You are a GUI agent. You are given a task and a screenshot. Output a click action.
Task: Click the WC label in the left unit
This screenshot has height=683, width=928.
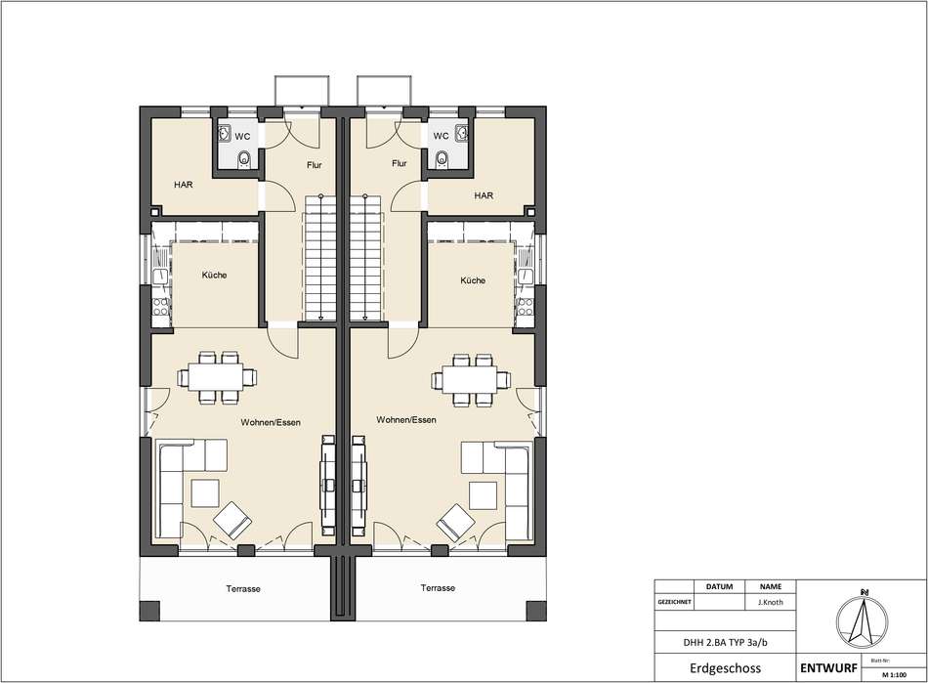click(x=242, y=136)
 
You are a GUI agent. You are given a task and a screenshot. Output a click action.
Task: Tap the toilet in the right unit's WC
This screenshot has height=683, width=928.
click(x=441, y=158)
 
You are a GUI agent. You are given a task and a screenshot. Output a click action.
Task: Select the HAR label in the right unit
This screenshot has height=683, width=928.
click(x=484, y=195)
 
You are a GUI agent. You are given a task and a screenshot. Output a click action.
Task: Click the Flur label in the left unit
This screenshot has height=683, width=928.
click(x=315, y=165)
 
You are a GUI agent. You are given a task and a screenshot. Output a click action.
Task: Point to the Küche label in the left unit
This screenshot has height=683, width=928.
click(x=214, y=276)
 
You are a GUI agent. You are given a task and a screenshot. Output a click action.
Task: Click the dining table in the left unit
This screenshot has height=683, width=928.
click(x=215, y=377)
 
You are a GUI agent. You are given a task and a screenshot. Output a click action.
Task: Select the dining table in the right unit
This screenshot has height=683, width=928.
click(x=470, y=379)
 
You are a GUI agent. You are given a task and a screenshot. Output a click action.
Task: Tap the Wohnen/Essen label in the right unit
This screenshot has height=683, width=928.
click(x=406, y=419)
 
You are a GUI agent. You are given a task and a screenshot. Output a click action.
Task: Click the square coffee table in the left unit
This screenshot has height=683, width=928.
click(x=205, y=493)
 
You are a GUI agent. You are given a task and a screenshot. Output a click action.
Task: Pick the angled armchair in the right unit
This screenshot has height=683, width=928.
click(x=455, y=522)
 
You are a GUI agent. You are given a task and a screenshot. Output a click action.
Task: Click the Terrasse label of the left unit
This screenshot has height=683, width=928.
click(x=243, y=589)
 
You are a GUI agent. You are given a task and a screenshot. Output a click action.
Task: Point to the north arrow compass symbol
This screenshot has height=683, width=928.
click(x=863, y=621)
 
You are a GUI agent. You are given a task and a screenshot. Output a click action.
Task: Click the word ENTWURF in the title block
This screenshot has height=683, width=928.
click(x=828, y=668)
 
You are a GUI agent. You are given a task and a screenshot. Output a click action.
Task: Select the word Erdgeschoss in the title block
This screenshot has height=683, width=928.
click(x=726, y=668)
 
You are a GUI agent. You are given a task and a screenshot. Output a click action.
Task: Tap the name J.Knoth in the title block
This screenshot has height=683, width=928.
click(x=771, y=602)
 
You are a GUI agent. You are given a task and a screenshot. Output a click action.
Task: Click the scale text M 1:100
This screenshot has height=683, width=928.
click(x=894, y=675)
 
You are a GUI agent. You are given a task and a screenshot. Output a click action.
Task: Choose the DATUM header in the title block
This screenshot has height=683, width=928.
click(x=719, y=586)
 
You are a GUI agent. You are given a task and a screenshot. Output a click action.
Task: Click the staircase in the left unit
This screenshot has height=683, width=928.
click(x=319, y=258)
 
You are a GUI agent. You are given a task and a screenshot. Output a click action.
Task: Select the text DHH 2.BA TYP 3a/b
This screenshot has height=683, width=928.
click(x=726, y=642)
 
